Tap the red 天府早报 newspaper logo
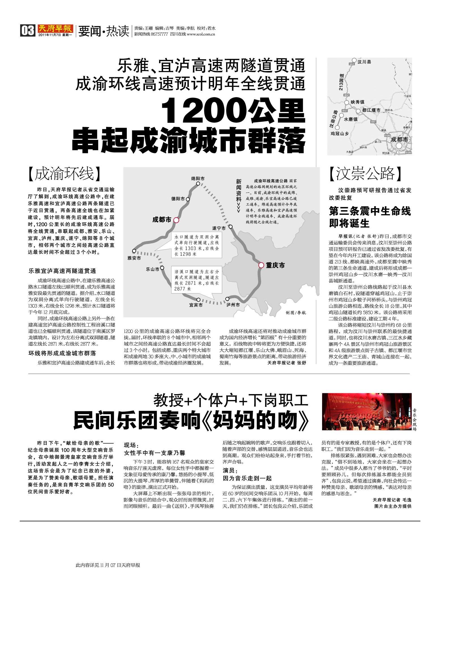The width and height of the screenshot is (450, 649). click(55, 29)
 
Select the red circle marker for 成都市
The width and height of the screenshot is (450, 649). click(176, 220)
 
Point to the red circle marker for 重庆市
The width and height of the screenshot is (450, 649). click(261, 265)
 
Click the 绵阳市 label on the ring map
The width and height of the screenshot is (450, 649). click(198, 179)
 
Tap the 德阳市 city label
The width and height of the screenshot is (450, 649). click(178, 199)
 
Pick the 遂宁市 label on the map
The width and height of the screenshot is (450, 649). click(219, 228)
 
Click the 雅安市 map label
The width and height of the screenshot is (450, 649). click(134, 258)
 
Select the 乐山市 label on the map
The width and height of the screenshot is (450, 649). click(153, 269)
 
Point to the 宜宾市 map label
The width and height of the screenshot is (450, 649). click(196, 305)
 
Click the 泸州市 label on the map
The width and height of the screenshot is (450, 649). click(233, 305)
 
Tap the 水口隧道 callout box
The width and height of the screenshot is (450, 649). click(196, 245)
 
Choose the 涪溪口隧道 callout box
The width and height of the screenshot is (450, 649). click(196, 280)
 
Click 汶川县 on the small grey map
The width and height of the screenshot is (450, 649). click(364, 62)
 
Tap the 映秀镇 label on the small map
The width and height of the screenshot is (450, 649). click(357, 102)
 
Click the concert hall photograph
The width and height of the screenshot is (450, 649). click(367, 411)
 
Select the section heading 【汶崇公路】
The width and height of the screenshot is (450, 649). click(365, 173)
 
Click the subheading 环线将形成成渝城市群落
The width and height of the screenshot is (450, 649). click(62, 353)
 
